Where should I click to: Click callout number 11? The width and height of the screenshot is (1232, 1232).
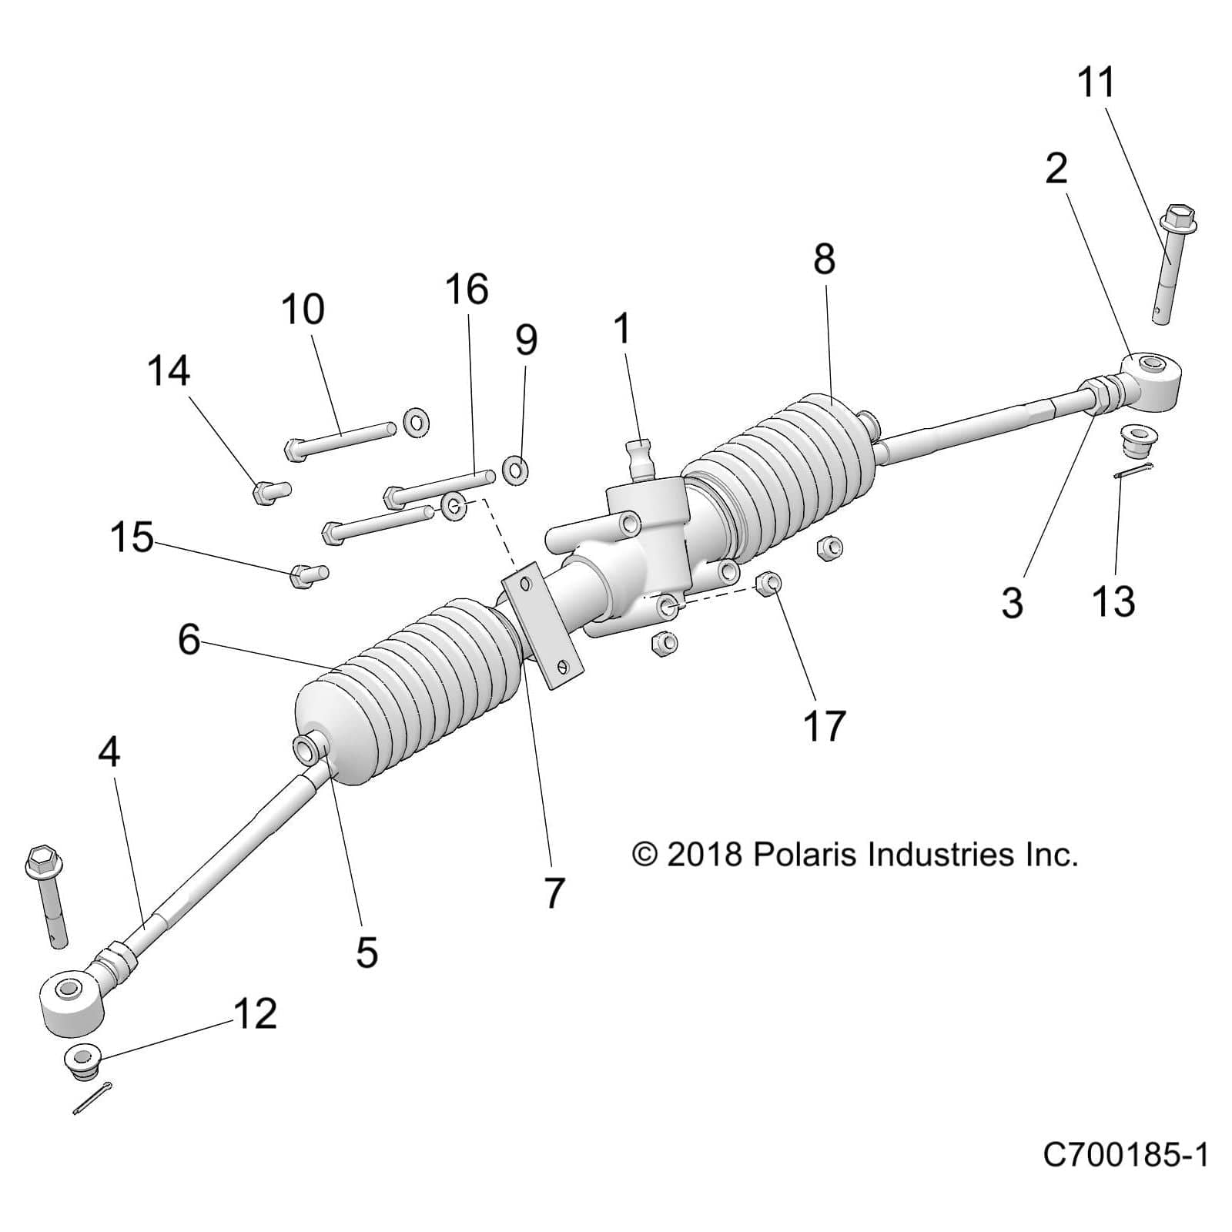(1096, 82)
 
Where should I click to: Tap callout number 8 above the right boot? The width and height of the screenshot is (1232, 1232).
(824, 259)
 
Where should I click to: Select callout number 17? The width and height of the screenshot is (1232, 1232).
(824, 725)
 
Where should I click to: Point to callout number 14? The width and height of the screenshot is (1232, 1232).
(169, 371)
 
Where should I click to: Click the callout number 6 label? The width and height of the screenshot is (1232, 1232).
(189, 639)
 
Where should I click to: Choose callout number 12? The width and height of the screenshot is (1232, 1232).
(255, 1014)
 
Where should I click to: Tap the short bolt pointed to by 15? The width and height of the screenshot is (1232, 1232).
(309, 575)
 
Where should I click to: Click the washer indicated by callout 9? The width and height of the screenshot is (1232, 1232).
(514, 469)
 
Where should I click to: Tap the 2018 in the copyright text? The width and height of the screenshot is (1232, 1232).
(704, 855)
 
